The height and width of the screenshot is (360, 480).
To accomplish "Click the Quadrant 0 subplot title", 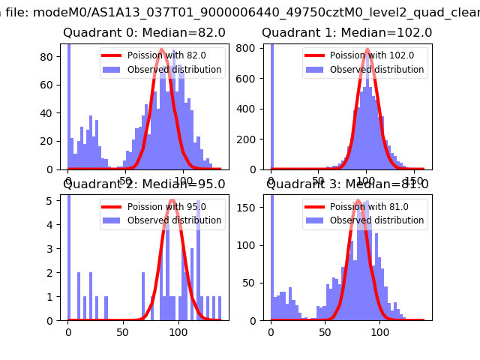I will pyautogui.click(x=144, y=33).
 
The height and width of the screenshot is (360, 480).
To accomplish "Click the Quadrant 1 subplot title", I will pyautogui.click(x=346, y=33).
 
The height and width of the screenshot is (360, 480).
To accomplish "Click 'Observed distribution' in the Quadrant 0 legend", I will pyautogui.click(x=175, y=70).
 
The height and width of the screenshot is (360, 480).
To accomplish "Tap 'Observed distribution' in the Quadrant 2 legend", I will pyautogui.click(x=175, y=220).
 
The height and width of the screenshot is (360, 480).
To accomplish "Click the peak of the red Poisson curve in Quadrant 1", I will pyautogui.click(x=367, y=50).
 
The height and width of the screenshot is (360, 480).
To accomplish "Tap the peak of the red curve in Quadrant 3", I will pyautogui.click(x=359, y=201).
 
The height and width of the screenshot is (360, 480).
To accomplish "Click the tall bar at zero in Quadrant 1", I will pyautogui.click(x=271, y=105).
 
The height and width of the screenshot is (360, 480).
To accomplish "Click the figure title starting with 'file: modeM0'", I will pyautogui.click(x=240, y=11).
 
